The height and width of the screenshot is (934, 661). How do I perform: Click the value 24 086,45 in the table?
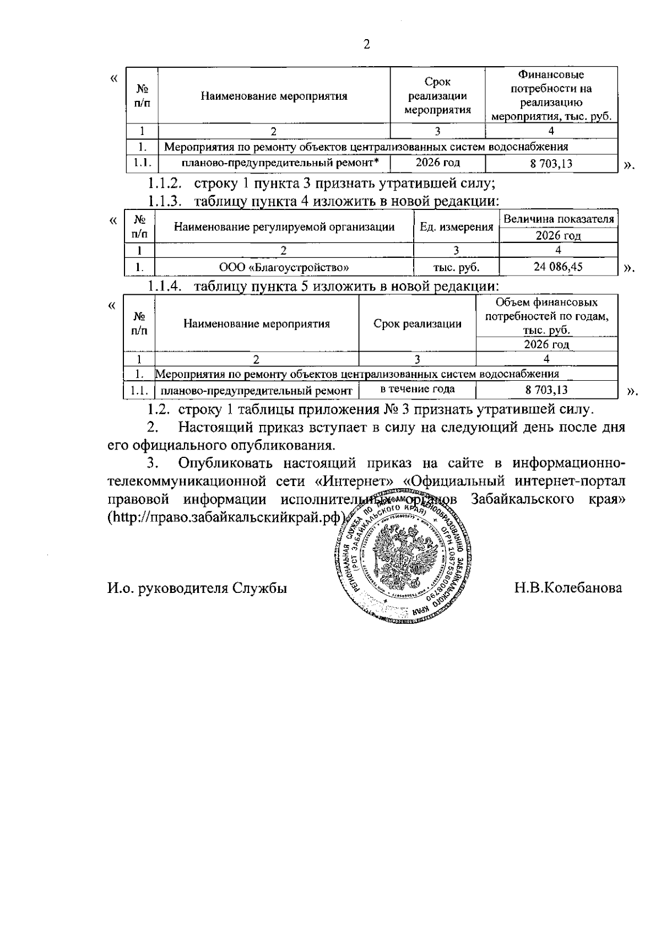pyautogui.click(x=558, y=267)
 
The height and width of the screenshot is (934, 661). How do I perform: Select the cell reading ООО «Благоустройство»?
pyautogui.click(x=284, y=268)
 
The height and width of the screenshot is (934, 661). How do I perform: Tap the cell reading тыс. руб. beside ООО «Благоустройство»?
pyautogui.click(x=456, y=268)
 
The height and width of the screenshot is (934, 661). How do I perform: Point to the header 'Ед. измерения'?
pyautogui.click(x=456, y=227)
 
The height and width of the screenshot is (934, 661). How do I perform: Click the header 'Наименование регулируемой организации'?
pyautogui.click(x=284, y=227)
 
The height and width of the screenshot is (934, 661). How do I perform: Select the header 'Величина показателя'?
pyautogui.click(x=559, y=219)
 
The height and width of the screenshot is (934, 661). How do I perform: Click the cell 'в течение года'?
pyautogui.click(x=418, y=389)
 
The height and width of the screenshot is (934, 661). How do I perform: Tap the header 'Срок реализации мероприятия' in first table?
pyautogui.click(x=437, y=96)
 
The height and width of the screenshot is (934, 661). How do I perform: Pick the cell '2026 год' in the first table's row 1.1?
pyautogui.click(x=437, y=163)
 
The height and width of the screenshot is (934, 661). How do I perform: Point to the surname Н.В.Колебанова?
pyautogui.click(x=568, y=587)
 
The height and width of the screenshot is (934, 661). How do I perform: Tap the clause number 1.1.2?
pyautogui.click(x=164, y=183)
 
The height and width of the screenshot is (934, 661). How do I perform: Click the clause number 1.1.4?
pyautogui.click(x=164, y=287)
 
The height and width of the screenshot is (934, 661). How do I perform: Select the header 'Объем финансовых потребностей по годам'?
pyautogui.click(x=546, y=316)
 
